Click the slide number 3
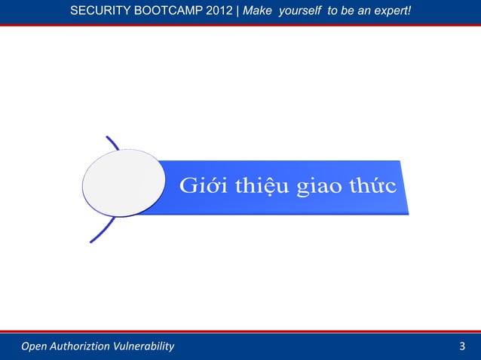click(462, 346)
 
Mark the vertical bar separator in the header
click(237, 11)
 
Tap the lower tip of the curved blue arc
click(91, 241)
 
